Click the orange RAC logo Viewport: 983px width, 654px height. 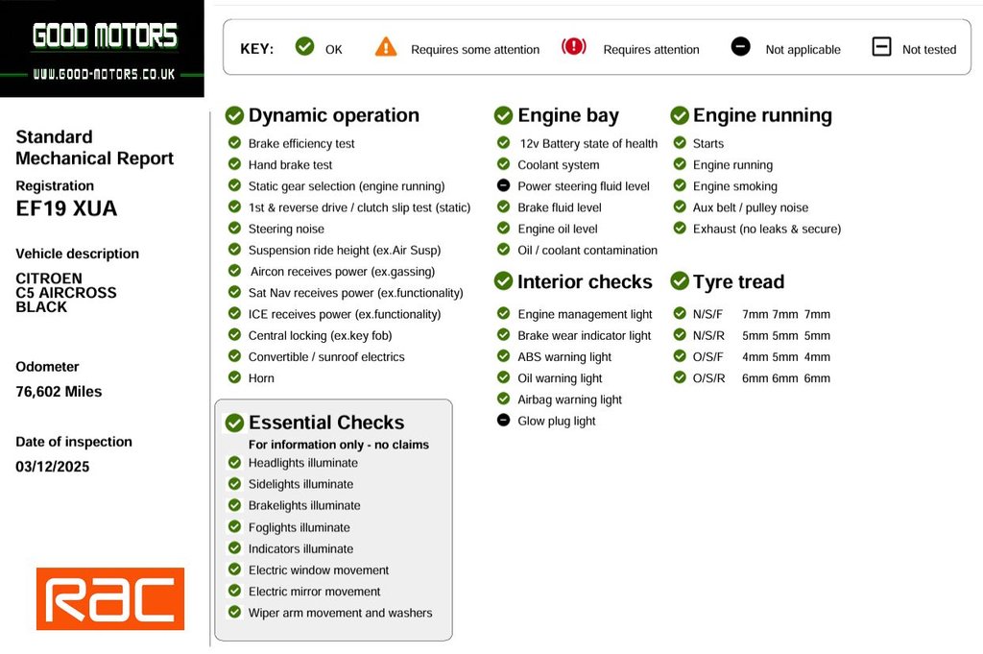tap(110, 598)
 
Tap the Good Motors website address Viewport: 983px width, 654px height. tap(104, 74)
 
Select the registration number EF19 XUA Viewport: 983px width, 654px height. tap(66, 208)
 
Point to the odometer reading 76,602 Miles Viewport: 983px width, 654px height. tap(59, 392)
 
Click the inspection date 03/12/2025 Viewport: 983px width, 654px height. tap(53, 467)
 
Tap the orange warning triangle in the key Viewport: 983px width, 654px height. tap(386, 47)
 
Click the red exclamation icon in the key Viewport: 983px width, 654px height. tap(574, 47)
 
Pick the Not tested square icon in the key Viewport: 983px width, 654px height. tap(881, 47)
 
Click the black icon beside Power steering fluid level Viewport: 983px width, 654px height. tap(503, 185)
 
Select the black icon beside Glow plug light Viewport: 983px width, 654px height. tap(503, 420)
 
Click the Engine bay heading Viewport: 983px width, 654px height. tap(567, 115)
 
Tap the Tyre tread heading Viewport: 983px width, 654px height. tap(738, 281)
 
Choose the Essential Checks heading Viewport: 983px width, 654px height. tap(325, 423)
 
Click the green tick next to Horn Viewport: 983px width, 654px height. tap(234, 377)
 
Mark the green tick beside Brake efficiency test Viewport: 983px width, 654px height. tap(234, 143)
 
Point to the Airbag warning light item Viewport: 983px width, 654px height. tap(569, 400)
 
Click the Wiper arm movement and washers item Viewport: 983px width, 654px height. tap(340, 613)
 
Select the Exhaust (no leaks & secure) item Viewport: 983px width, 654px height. tap(766, 229)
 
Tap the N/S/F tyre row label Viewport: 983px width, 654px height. tap(707, 314)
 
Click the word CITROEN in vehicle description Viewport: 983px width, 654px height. tap(49, 279)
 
